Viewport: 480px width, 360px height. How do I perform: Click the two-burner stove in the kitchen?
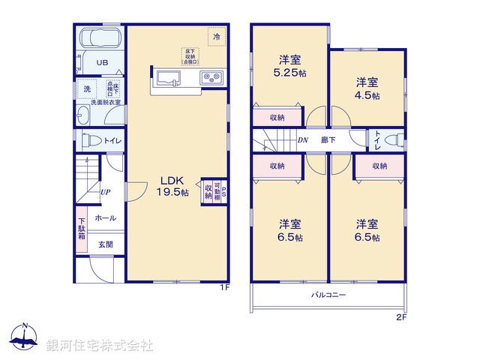pos(209,76)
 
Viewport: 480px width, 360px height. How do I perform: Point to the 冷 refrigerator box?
pos(217,36)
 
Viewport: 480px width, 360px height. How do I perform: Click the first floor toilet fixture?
pos(88,140)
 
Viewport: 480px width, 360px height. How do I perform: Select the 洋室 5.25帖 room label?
pos(289,66)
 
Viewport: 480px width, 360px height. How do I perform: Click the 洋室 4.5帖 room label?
pos(367,88)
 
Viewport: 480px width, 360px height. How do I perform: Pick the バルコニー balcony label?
pos(328,295)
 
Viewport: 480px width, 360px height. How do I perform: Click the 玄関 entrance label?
pos(105,244)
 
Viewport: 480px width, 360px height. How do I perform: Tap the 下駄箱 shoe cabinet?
pos(81,228)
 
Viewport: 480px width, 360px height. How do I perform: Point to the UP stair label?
pos(106,191)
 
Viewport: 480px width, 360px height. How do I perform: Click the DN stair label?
pos(303,139)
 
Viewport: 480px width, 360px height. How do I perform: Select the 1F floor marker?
pos(223,288)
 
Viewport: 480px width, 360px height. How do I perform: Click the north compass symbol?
pos(25,340)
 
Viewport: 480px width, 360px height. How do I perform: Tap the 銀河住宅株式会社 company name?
pos(100,346)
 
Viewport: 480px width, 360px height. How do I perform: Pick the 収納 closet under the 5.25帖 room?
pos(277,117)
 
